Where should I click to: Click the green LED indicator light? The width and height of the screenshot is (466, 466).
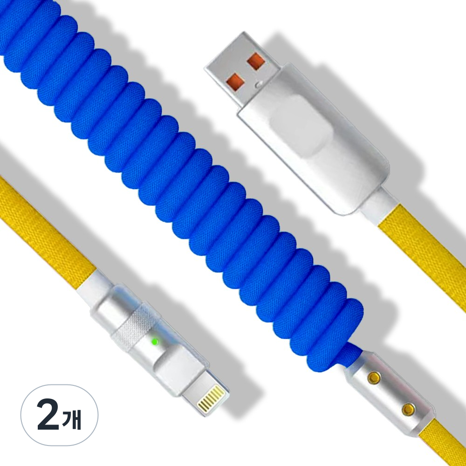click(x=155, y=342)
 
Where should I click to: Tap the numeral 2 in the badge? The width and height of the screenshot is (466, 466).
click(x=48, y=415)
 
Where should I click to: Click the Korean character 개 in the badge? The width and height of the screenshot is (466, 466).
click(x=72, y=419)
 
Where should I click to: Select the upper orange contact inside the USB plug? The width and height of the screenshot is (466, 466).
click(x=256, y=61)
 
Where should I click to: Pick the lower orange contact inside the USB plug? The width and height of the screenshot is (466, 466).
click(x=235, y=82)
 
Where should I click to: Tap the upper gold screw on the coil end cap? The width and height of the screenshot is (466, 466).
click(x=374, y=378)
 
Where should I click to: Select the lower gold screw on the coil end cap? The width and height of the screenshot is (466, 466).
click(x=408, y=410)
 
